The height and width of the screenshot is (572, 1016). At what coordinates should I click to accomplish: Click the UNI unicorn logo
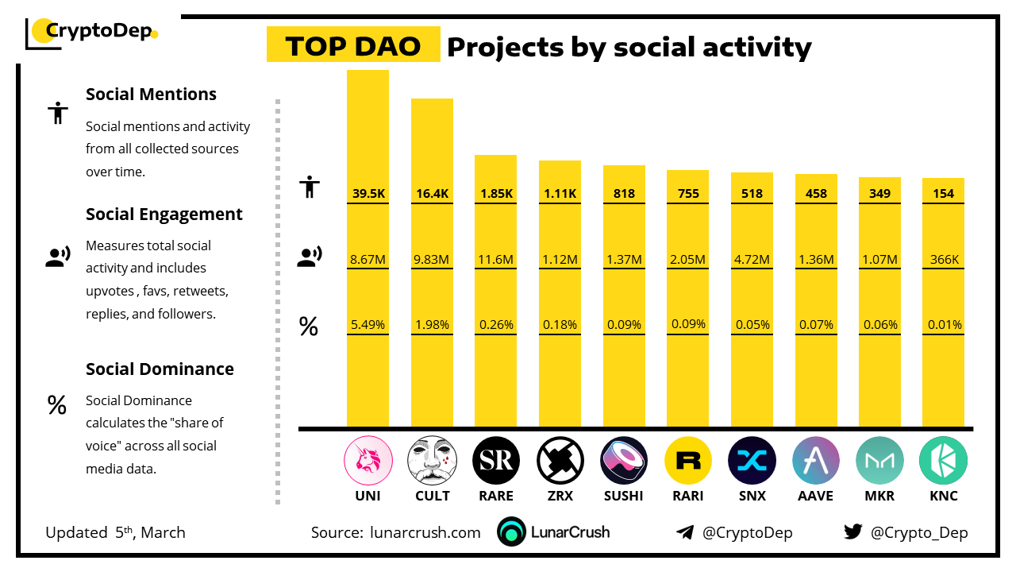[x=368, y=461]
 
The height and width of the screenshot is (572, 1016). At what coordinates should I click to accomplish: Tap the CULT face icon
[x=432, y=461]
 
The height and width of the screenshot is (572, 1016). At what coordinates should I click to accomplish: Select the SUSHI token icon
[x=625, y=461]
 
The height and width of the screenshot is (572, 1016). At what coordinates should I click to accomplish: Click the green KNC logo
[x=943, y=461]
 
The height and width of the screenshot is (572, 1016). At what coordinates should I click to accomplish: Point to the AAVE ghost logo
[x=815, y=461]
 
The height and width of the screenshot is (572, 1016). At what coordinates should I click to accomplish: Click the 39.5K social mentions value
[x=368, y=193]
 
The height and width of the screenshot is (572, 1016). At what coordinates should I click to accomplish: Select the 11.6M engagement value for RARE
[x=496, y=259]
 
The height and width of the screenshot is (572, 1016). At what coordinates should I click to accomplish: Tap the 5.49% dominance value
[x=368, y=324]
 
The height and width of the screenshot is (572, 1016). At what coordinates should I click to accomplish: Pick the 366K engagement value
[x=945, y=259]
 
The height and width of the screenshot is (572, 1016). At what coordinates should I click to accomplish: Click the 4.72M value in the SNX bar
[x=752, y=259]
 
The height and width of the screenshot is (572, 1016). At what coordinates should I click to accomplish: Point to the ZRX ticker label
[x=560, y=496]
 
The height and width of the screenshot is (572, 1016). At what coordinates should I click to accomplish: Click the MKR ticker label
[x=879, y=496]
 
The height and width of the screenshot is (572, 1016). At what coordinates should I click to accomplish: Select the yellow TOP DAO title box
[x=353, y=46]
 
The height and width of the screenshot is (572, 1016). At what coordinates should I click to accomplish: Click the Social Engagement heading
[x=164, y=214]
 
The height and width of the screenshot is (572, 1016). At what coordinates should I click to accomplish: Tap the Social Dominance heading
[x=160, y=369]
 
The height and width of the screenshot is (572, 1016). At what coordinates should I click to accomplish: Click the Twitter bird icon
[x=853, y=532]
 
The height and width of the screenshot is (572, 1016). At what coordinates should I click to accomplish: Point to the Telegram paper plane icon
[x=685, y=532]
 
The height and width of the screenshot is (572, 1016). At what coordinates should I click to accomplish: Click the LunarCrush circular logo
[x=512, y=532]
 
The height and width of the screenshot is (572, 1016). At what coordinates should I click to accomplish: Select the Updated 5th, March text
[x=115, y=532]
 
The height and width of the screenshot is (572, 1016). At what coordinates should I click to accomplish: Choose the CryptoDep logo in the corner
[x=92, y=33]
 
